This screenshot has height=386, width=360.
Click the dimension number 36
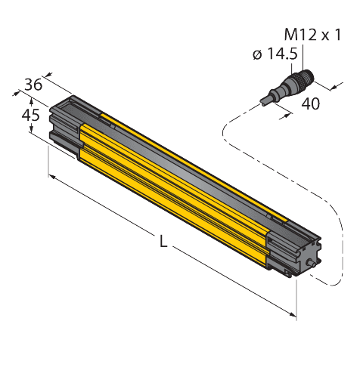[x=33, y=85]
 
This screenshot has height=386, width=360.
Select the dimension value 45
[x=30, y=115]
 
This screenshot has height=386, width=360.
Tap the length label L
[x=163, y=242]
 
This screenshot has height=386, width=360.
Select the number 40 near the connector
[x=310, y=104]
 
